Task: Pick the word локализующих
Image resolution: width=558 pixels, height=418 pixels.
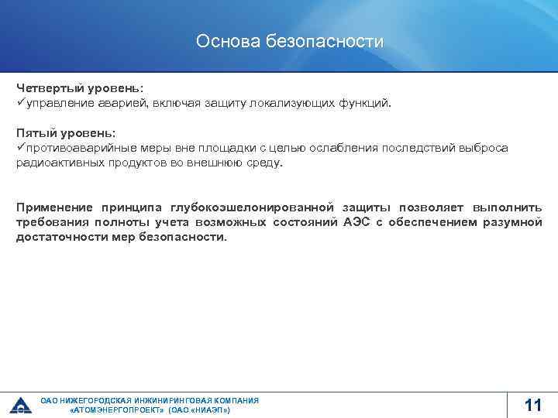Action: tap(299, 102)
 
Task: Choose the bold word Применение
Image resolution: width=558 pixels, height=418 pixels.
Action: tap(54, 207)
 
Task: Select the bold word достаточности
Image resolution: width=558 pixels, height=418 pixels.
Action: tap(57, 237)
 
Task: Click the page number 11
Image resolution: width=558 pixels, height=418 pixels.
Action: tap(532, 405)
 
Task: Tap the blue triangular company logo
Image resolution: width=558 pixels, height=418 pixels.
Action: tap(19, 405)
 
